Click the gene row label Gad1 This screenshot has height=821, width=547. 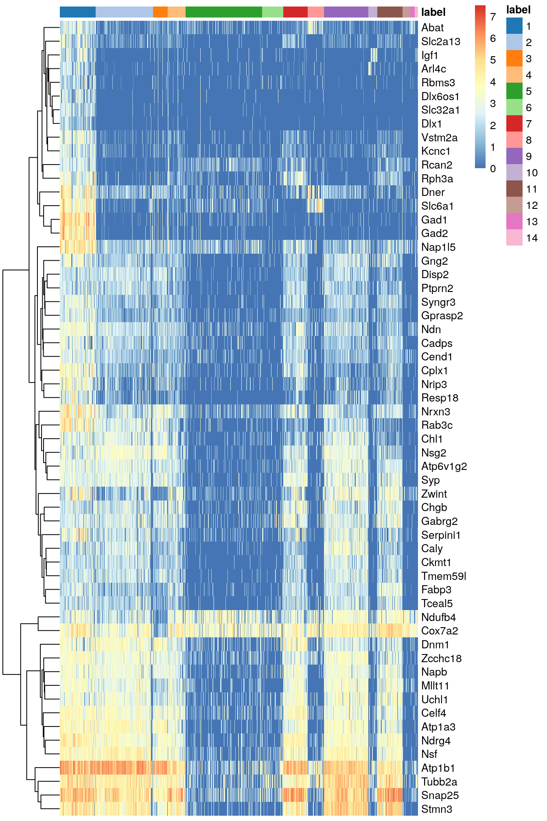[x=434, y=220]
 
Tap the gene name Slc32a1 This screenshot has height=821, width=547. [x=440, y=110]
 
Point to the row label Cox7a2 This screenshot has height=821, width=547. [x=440, y=631]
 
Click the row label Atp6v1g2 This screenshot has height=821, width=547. [x=444, y=466]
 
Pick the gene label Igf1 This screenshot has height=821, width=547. [x=429, y=55]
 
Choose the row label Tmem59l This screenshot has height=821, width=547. [x=443, y=576]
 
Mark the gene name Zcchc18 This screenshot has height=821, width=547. [x=441, y=659]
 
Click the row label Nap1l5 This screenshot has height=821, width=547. [x=438, y=247]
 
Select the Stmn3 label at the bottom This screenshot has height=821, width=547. [x=436, y=809]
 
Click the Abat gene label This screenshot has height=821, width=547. [x=432, y=28]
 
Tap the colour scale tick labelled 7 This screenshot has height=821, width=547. [x=493, y=17]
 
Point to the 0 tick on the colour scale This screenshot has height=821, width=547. [x=493, y=169]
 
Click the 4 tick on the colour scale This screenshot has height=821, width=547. [x=493, y=82]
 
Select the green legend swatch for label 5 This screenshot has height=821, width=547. [x=514, y=91]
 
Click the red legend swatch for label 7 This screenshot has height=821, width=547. [x=514, y=123]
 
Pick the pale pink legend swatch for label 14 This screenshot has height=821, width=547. [x=514, y=237]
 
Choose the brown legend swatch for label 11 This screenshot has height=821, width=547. [x=514, y=189]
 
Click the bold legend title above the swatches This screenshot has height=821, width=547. [x=518, y=10]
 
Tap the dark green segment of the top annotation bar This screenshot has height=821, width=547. [x=223, y=12]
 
